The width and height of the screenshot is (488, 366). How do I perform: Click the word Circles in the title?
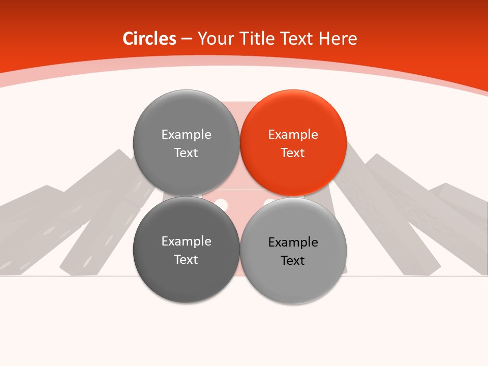coord(149,39)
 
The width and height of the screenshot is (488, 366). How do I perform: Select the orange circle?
coord(293,143)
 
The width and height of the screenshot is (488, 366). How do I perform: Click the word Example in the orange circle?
coord(293,135)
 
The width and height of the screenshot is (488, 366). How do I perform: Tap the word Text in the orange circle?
coord(293,153)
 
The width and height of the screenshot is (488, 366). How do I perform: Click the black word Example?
coord(293,242)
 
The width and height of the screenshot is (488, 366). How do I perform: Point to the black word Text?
coord(293,261)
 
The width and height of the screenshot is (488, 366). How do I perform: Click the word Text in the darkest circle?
coord(186,260)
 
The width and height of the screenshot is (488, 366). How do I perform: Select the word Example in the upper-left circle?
coord(186,135)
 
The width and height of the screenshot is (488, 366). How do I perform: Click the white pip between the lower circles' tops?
coord(221,204)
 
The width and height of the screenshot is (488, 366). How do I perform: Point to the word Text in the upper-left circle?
coord(186,153)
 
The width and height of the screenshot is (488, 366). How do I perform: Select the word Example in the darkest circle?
coord(186,241)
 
